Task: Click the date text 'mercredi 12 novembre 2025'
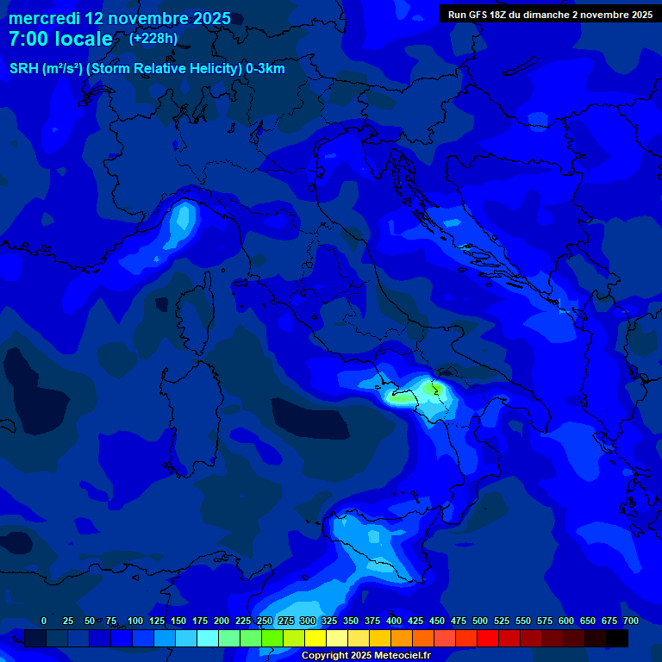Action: point(119,18)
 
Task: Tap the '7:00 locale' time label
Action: point(60,40)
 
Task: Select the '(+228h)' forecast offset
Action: point(153,39)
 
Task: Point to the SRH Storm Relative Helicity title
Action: point(147,68)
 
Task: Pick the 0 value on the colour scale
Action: point(44,621)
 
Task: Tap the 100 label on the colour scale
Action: point(135,621)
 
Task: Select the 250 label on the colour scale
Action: point(265,621)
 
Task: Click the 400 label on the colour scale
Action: point(394,621)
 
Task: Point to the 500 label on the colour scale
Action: point(480,621)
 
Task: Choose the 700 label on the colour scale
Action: point(631,621)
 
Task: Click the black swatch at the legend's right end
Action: point(617,638)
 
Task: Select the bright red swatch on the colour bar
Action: point(488,638)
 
